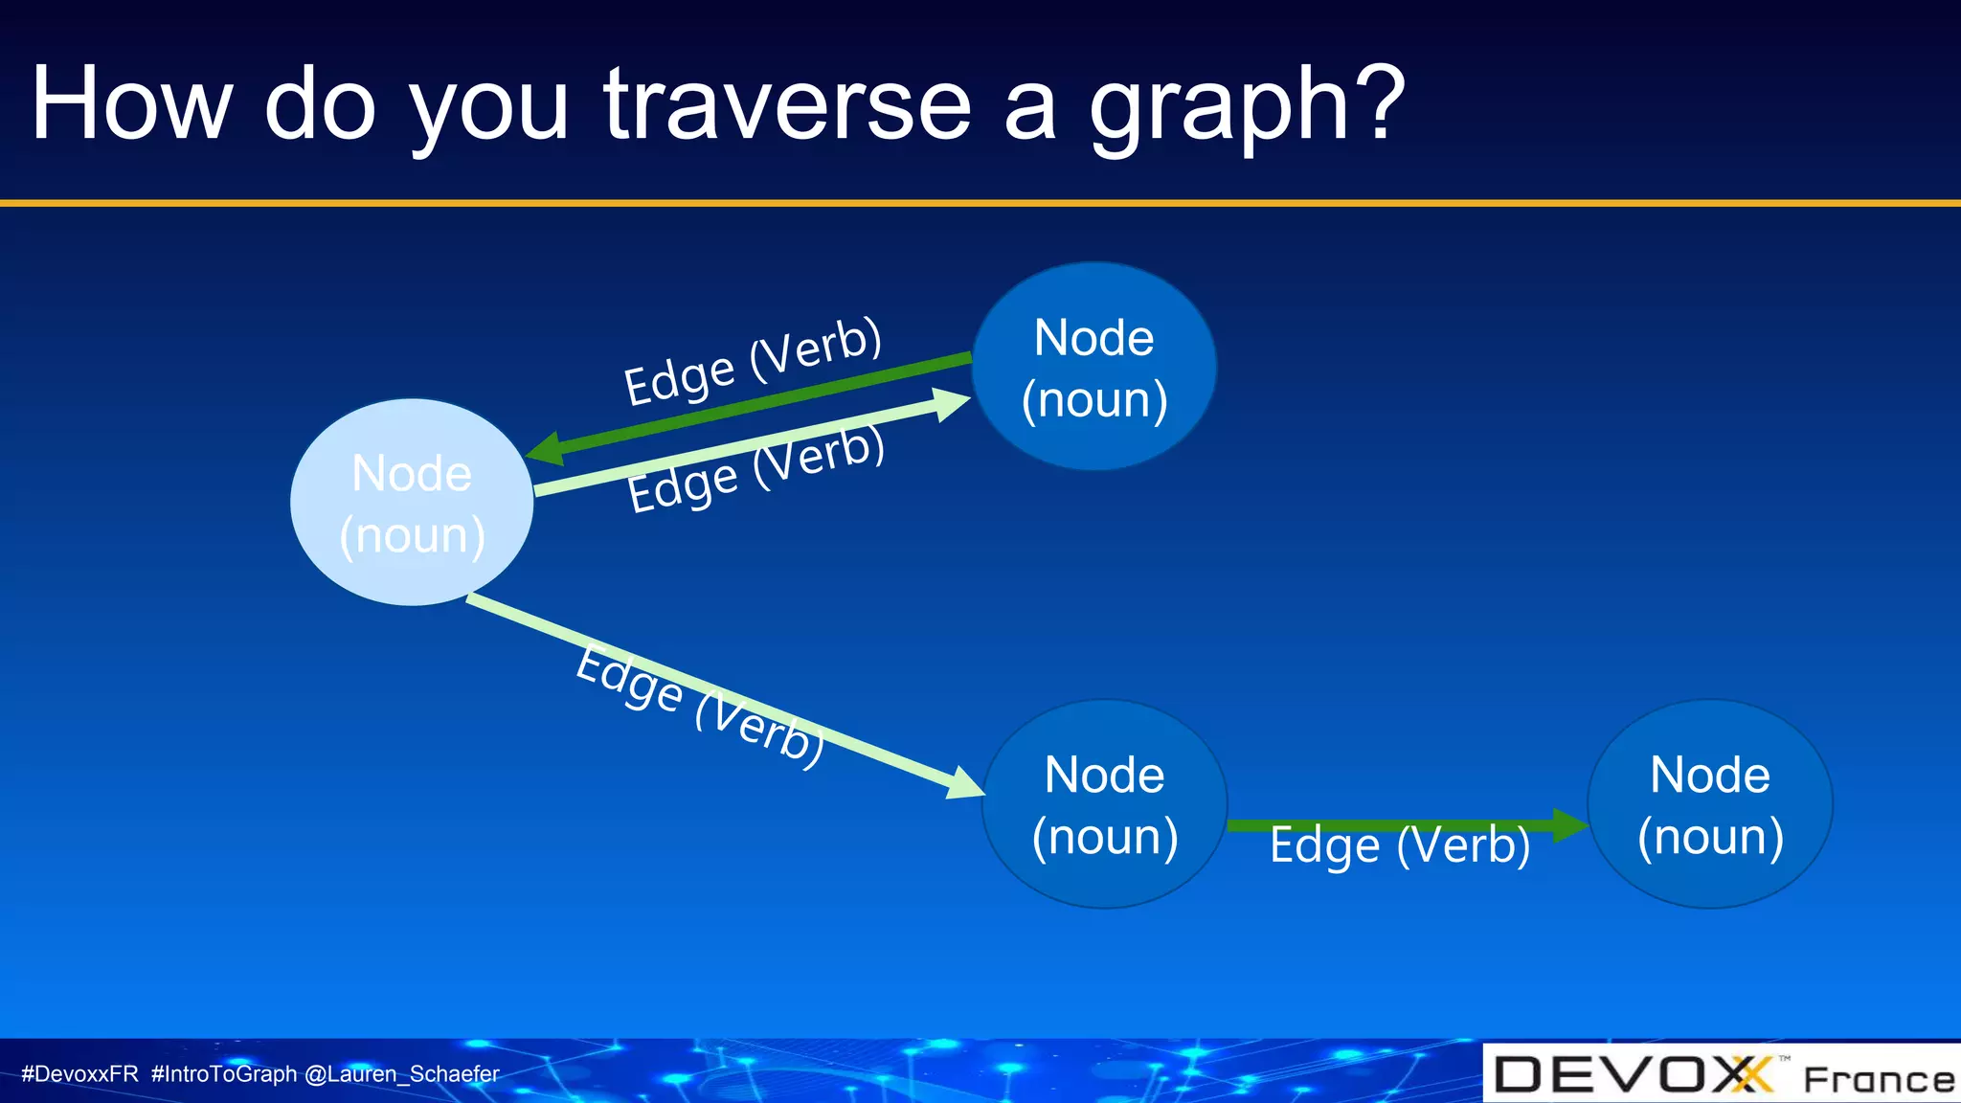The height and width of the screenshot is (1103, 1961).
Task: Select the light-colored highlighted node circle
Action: (412, 503)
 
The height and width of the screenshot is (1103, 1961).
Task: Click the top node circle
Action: (1093, 367)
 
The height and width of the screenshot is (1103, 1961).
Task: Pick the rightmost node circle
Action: (1710, 804)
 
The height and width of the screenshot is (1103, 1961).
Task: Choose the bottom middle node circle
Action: (1104, 804)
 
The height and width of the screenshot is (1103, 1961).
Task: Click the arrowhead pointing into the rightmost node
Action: (1568, 824)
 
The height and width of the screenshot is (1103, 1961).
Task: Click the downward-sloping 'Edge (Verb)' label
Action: (699, 705)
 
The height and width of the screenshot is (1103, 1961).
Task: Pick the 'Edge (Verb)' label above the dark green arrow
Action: (752, 361)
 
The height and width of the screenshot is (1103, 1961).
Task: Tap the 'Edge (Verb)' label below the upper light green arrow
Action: (755, 469)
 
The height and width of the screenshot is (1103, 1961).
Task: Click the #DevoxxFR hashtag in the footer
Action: (79, 1074)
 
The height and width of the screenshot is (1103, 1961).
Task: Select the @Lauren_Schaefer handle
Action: (401, 1074)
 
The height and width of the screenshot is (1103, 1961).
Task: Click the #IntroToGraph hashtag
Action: (224, 1074)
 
